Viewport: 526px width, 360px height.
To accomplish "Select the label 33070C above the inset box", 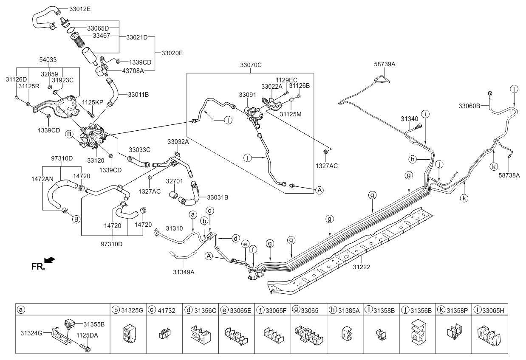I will tap(251, 65).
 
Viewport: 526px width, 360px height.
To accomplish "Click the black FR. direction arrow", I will tap(49, 259).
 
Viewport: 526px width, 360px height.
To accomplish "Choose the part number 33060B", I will tap(469, 105).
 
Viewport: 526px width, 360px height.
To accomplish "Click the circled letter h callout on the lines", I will tap(412, 159).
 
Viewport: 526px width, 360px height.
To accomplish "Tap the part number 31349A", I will tap(184, 272).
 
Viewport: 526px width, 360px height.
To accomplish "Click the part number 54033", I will tap(48, 60).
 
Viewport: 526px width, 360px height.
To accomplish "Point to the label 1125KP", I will tap(93, 103).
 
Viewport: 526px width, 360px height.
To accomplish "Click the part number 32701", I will tap(174, 181).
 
